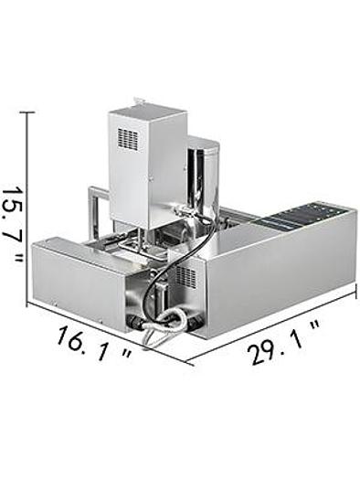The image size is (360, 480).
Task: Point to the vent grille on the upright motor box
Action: (x=128, y=140)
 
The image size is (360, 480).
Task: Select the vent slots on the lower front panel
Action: (x=185, y=276)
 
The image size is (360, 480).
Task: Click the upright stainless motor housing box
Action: (x=146, y=165)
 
